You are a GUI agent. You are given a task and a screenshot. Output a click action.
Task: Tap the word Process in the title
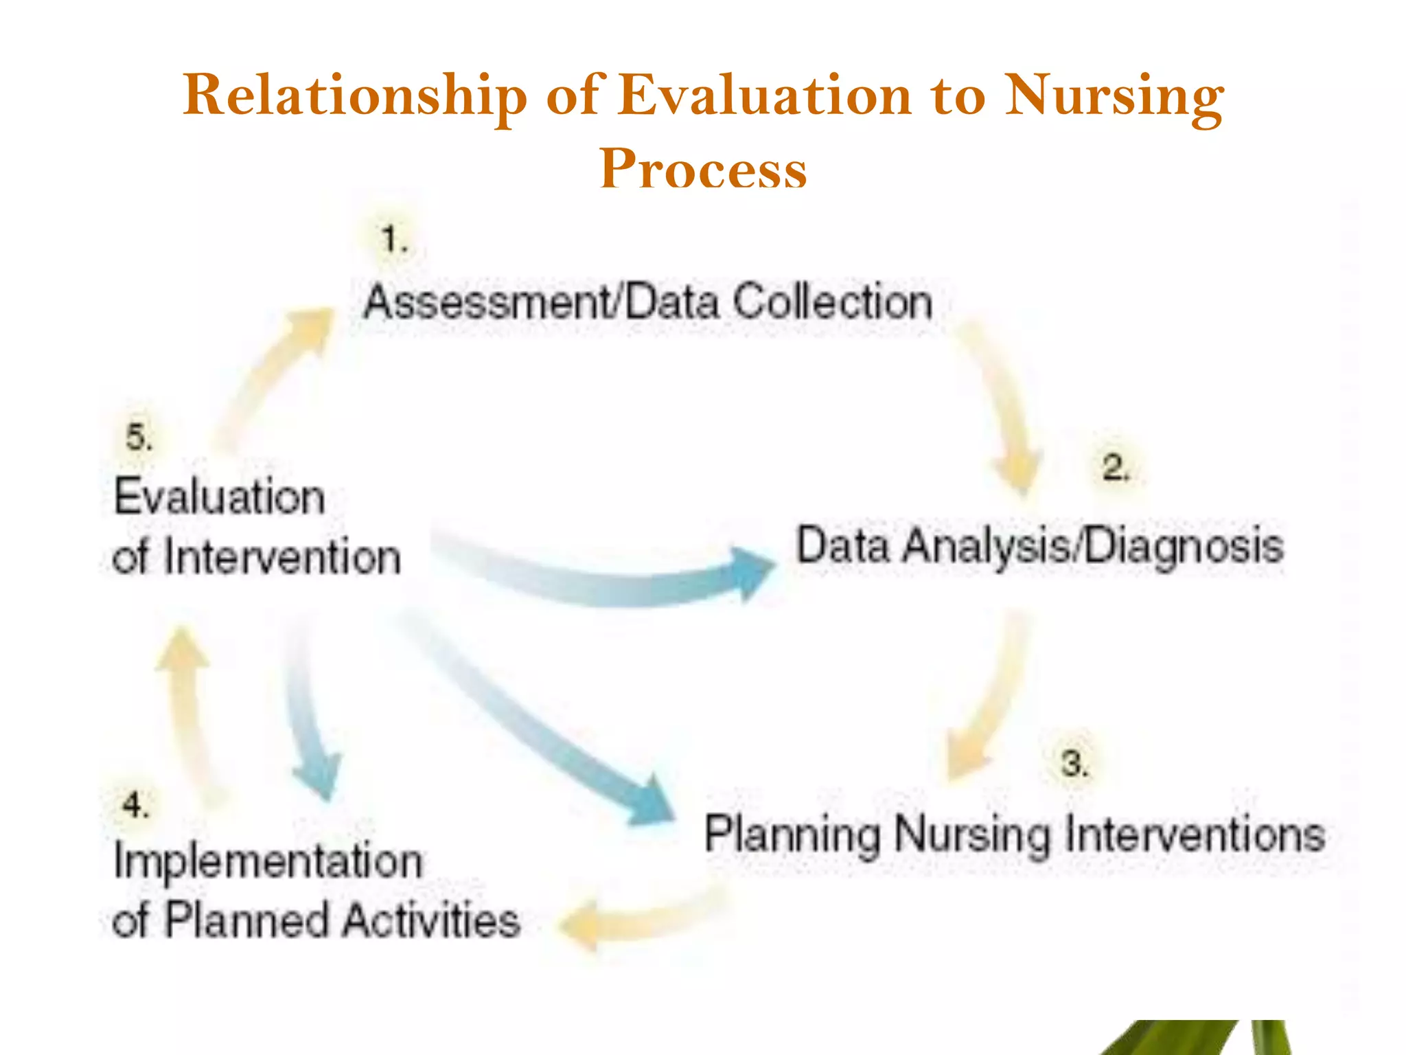coord(703,168)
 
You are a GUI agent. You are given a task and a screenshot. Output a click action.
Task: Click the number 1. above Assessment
coord(394,240)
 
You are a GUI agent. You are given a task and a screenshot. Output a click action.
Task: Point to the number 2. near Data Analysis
coord(1115,468)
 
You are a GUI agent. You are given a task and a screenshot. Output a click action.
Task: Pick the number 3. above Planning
coord(1074,763)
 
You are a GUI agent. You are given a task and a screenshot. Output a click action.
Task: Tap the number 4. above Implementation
coord(135,804)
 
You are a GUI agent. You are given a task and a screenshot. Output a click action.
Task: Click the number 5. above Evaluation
coord(139,437)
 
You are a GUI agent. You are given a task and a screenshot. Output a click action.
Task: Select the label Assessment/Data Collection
coord(648,302)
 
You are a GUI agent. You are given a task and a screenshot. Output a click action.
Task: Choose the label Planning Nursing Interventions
coord(1015,835)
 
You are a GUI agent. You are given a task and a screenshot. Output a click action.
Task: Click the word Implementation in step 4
coord(268,861)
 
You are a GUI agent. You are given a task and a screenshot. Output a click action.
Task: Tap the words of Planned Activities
coord(316,920)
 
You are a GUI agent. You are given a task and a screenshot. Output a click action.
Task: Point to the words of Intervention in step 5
coord(256,557)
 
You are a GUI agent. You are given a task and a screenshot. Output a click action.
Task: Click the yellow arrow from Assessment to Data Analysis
coord(1002,405)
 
